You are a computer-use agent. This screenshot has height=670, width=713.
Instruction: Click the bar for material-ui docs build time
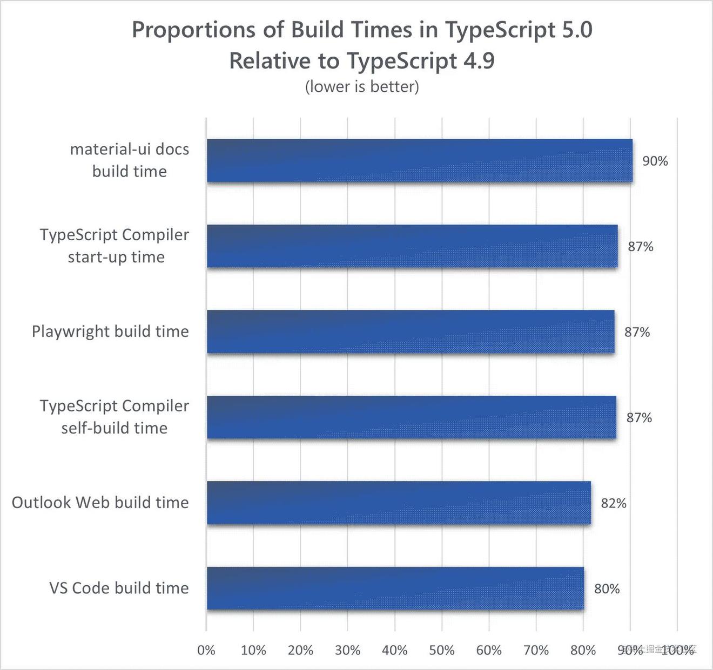click(x=419, y=160)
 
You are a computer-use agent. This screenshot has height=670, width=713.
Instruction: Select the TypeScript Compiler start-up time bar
click(x=412, y=246)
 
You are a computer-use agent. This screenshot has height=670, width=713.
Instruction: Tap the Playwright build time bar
click(x=411, y=331)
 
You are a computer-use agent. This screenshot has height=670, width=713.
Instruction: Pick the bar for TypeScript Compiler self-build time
click(x=411, y=417)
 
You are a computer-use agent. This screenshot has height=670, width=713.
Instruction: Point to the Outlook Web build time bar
click(x=399, y=503)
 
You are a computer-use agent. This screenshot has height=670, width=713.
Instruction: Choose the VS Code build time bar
click(x=395, y=588)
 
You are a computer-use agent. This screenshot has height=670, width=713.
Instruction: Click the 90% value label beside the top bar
click(x=655, y=161)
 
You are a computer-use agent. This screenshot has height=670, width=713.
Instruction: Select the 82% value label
click(x=614, y=503)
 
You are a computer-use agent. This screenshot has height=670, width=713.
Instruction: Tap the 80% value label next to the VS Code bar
click(x=607, y=588)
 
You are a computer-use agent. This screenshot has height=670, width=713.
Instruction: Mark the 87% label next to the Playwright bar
click(x=637, y=332)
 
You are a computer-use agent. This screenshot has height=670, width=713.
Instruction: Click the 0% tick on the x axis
click(x=206, y=650)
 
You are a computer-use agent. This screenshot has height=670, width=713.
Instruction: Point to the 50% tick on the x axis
click(x=442, y=650)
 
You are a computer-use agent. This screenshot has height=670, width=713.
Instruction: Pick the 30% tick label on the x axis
click(x=347, y=650)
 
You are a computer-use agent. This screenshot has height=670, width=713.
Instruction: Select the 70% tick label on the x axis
click(x=536, y=650)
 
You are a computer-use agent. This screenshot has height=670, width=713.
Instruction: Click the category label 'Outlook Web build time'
click(x=100, y=503)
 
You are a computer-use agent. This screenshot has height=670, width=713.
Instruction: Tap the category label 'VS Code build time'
click(x=119, y=588)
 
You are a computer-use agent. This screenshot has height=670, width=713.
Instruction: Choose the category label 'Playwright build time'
click(x=110, y=331)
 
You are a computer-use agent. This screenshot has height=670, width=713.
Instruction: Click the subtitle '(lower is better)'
click(x=362, y=86)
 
